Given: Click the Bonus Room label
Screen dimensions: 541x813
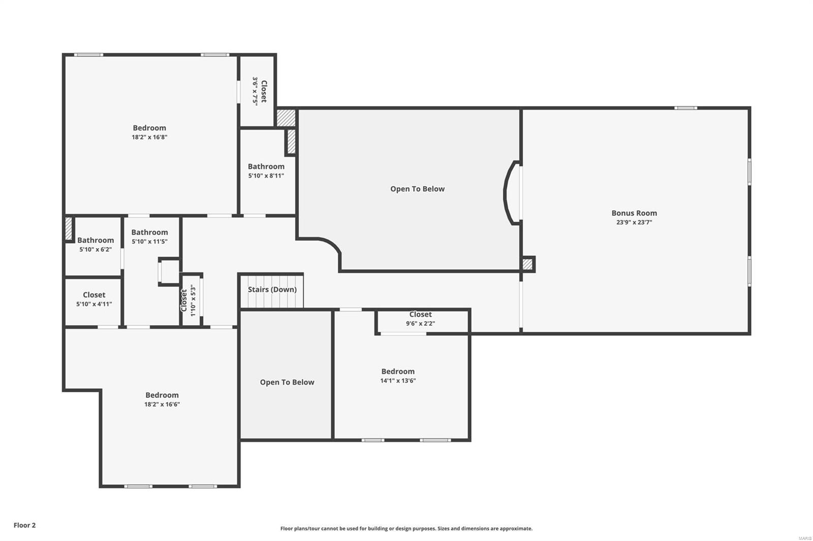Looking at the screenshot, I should pos(634,213).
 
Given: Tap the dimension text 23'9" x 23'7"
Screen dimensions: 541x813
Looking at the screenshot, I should pos(634,222).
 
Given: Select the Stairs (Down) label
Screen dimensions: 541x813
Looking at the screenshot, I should pos(272,289).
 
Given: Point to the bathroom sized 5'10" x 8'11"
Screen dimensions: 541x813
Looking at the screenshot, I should pos(266,171).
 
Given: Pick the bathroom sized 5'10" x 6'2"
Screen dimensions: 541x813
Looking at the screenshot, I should pos(95,245).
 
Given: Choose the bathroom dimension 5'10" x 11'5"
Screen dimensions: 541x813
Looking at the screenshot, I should pos(149,242).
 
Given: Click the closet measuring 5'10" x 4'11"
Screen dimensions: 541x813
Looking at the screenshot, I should pos(94,299).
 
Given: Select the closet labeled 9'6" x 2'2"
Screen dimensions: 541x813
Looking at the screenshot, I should pos(420,319).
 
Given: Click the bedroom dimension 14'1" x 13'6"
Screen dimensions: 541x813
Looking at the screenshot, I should pos(398,381).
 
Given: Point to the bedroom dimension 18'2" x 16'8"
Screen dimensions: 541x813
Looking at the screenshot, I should pos(149,137).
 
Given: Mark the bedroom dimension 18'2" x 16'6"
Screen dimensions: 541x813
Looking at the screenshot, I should pos(162,404).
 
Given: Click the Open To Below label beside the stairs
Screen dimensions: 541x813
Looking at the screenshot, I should pos(287,382).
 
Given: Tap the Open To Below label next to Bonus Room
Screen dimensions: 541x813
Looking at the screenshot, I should pos(417,189).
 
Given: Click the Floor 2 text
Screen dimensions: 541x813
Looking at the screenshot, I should pos(24,525).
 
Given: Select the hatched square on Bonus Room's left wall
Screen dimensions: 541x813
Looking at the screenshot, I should pos(527,264).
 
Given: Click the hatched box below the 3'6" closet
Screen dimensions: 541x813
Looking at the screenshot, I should pos(286,118).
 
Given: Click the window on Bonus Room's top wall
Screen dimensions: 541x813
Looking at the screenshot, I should pos(685,108).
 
